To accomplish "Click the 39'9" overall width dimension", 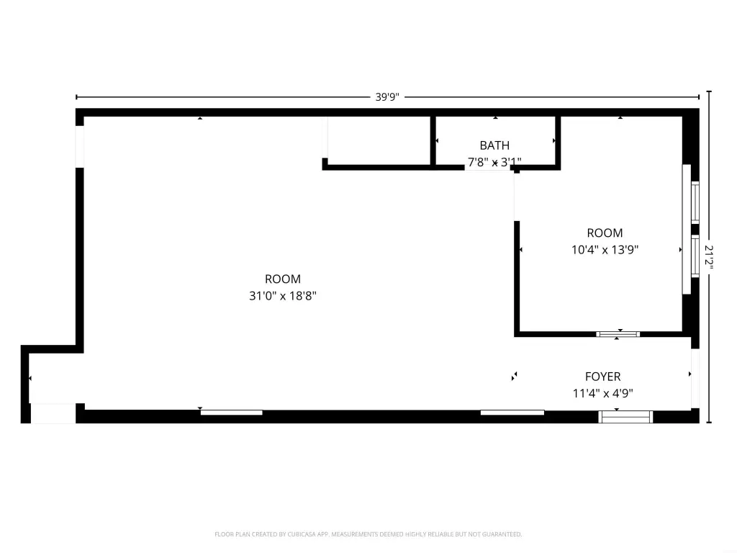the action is (386, 97).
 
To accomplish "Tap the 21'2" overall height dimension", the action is (709, 257).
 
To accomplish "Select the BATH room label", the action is (494, 145).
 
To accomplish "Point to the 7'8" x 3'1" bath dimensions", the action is (494, 162).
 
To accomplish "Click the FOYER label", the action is (603, 377).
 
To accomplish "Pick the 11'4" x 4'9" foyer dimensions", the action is (603, 393).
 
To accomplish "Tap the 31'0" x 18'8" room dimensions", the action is (282, 296).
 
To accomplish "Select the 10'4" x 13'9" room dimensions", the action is (605, 250).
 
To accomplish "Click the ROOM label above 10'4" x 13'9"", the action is (605, 233).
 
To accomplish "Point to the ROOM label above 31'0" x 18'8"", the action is (282, 279).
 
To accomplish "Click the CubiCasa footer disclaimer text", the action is (368, 534).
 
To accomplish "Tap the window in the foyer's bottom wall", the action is (625, 417).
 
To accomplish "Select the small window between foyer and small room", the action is (618, 334).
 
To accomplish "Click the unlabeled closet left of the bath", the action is (379, 140).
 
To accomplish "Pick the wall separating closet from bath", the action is (433, 140).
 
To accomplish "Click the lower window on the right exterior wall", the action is (695, 256).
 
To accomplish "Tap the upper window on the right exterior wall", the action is (695, 202).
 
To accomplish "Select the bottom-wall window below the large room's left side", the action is (232, 413).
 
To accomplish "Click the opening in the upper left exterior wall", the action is (80, 147).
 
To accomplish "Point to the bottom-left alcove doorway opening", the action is (53, 413).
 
